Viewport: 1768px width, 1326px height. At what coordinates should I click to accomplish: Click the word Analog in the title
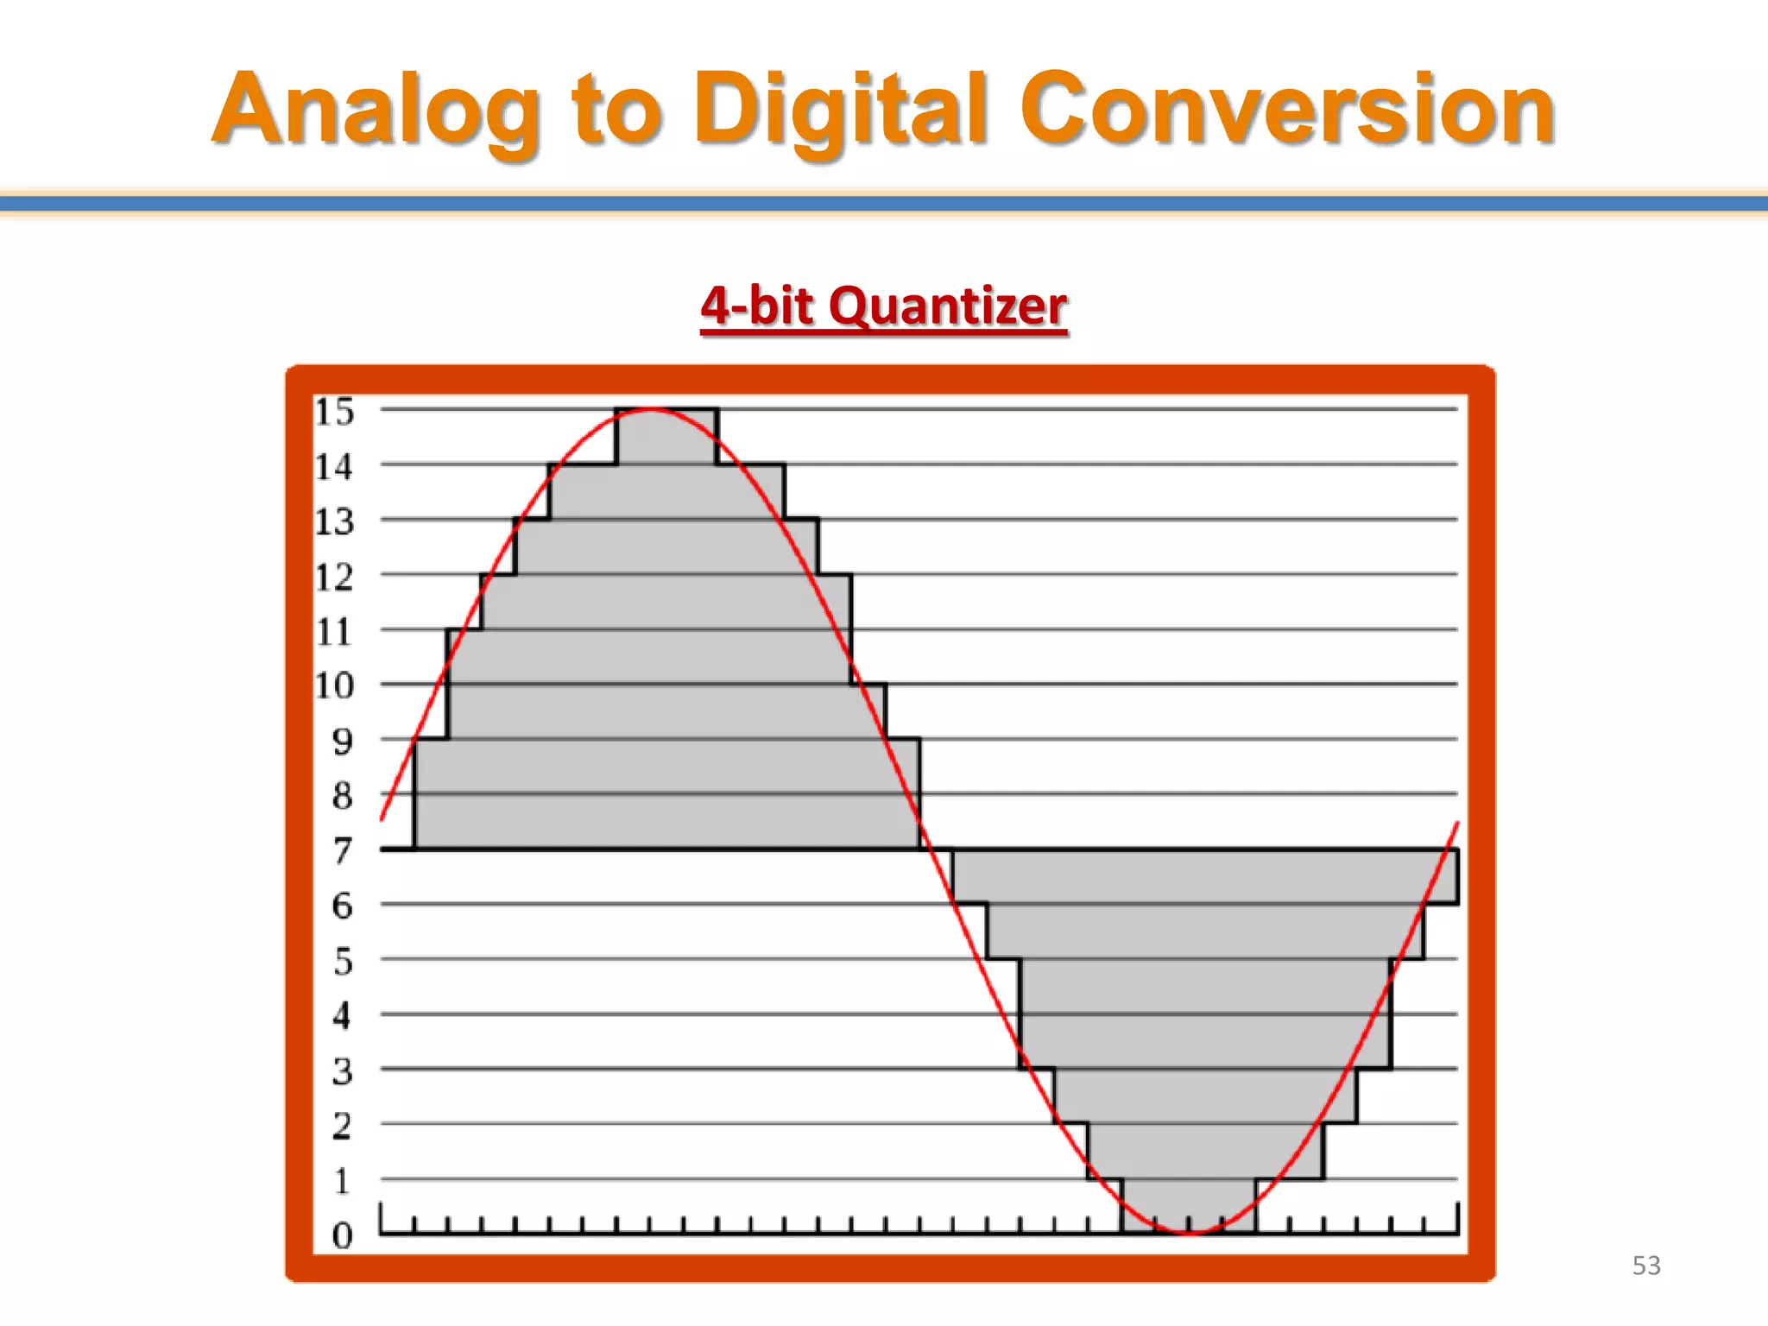pyautogui.click(x=377, y=110)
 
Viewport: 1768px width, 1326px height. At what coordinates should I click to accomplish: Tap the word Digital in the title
pyautogui.click(x=841, y=110)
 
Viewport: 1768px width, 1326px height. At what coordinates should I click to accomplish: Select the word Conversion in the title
pyautogui.click(x=1286, y=110)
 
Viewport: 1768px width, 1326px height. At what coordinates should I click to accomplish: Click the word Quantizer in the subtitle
pyautogui.click(x=948, y=306)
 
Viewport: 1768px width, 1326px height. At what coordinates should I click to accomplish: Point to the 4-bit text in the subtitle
pyautogui.click(x=757, y=306)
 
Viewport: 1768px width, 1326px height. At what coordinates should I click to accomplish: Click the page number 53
pyautogui.click(x=1645, y=1266)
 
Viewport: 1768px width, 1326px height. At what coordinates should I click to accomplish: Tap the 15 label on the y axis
pyautogui.click(x=334, y=413)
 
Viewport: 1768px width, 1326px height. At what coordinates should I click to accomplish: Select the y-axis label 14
pyautogui.click(x=334, y=467)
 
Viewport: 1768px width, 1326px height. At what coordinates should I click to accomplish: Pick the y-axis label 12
pyautogui.click(x=334, y=578)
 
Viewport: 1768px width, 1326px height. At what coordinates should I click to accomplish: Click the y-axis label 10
pyautogui.click(x=334, y=686)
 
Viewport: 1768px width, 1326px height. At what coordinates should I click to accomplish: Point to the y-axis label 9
pyautogui.click(x=343, y=742)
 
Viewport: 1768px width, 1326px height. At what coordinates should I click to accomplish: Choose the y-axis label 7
pyautogui.click(x=343, y=851)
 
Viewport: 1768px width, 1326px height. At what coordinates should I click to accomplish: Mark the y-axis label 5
pyautogui.click(x=343, y=961)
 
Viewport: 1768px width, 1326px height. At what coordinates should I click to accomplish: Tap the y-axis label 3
pyautogui.click(x=343, y=1071)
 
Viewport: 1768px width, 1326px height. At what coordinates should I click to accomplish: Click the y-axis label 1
pyautogui.click(x=343, y=1181)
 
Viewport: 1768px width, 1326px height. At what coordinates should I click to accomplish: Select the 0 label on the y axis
pyautogui.click(x=343, y=1235)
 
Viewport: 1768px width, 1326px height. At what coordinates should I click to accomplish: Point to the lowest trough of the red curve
pyautogui.click(x=1190, y=1232)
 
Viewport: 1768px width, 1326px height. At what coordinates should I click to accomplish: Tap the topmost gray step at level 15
pyautogui.click(x=666, y=437)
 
